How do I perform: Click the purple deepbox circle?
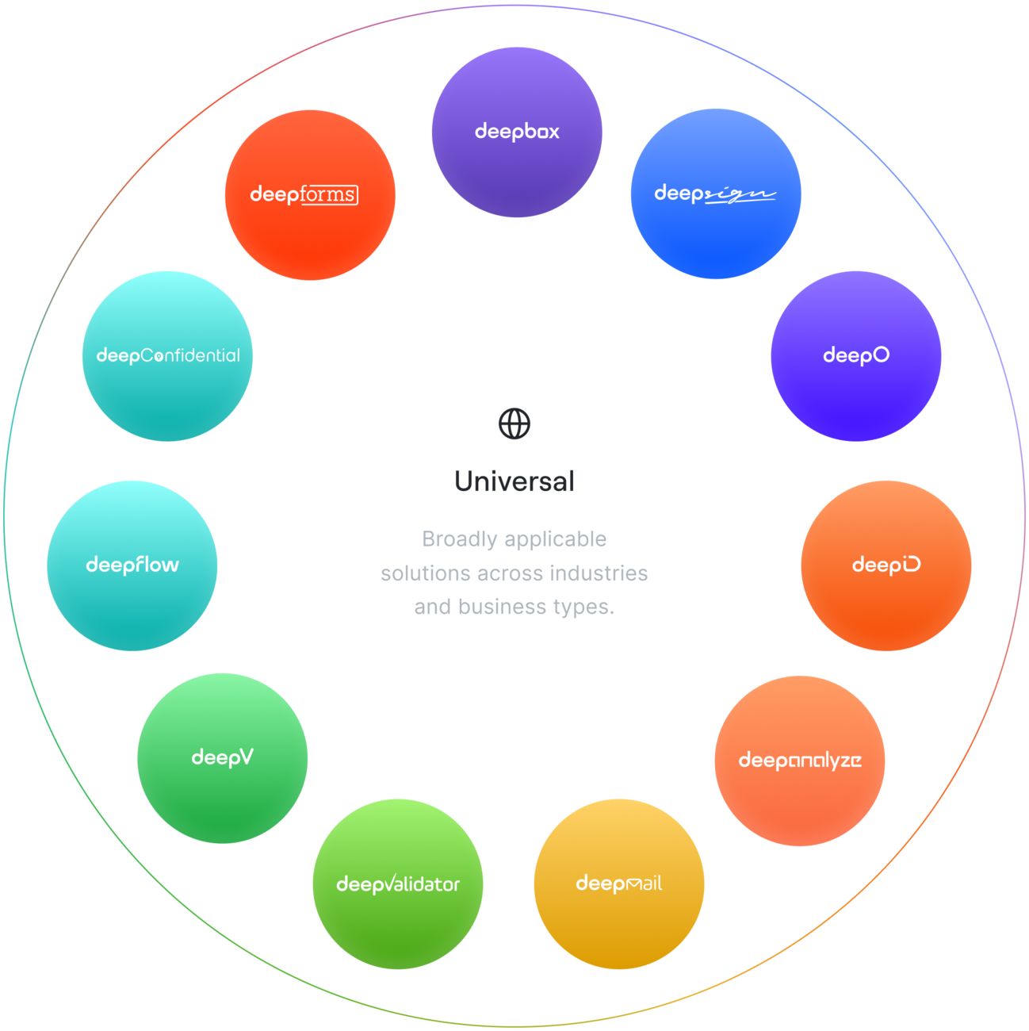[x=517, y=132]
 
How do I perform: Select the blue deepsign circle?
[x=716, y=194]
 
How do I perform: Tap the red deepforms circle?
[x=310, y=195]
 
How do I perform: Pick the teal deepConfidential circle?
[x=167, y=356]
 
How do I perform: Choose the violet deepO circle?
[x=856, y=356]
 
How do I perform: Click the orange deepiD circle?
[x=886, y=565]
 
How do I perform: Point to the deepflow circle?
[x=132, y=565]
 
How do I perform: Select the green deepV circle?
[x=222, y=758]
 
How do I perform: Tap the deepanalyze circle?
[x=800, y=761]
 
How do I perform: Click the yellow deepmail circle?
[x=618, y=883]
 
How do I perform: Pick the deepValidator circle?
[x=398, y=883]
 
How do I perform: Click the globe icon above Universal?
[x=514, y=424]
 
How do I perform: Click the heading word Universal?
[x=514, y=481]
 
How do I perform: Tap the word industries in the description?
[x=599, y=573]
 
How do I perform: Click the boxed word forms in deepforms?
[x=329, y=195]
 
